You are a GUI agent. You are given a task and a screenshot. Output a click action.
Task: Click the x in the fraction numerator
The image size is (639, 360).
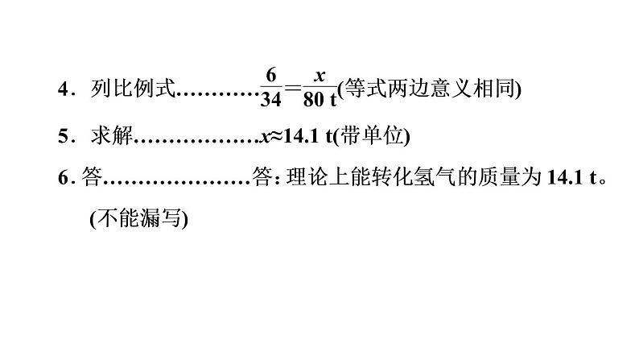pyautogui.click(x=319, y=75)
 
